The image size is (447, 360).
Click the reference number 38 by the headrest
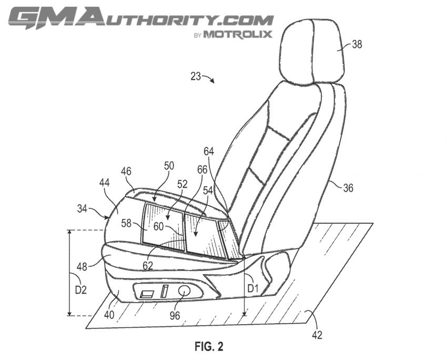[x=357, y=45]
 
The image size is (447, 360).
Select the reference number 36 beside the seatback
[x=348, y=188]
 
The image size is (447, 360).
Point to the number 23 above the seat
[x=196, y=76]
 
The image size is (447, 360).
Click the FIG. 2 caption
[x=209, y=346]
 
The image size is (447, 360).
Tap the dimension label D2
[x=80, y=290]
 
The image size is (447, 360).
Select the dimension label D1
[x=252, y=289]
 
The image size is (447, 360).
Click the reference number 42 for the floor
[x=317, y=335]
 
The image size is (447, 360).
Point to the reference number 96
[x=175, y=315]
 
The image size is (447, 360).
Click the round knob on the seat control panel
[x=184, y=291]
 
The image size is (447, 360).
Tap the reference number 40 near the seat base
[x=109, y=315]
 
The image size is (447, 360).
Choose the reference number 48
[x=82, y=267]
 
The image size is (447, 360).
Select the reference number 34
[x=82, y=209]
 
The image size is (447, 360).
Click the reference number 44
[x=104, y=183]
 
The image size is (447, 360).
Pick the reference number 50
[x=169, y=166]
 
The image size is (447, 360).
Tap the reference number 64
[x=209, y=152]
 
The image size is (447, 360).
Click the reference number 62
[x=148, y=266]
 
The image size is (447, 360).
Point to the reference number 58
[x=126, y=223]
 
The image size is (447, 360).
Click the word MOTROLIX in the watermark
[x=238, y=35]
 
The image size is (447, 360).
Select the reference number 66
[x=202, y=170]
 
